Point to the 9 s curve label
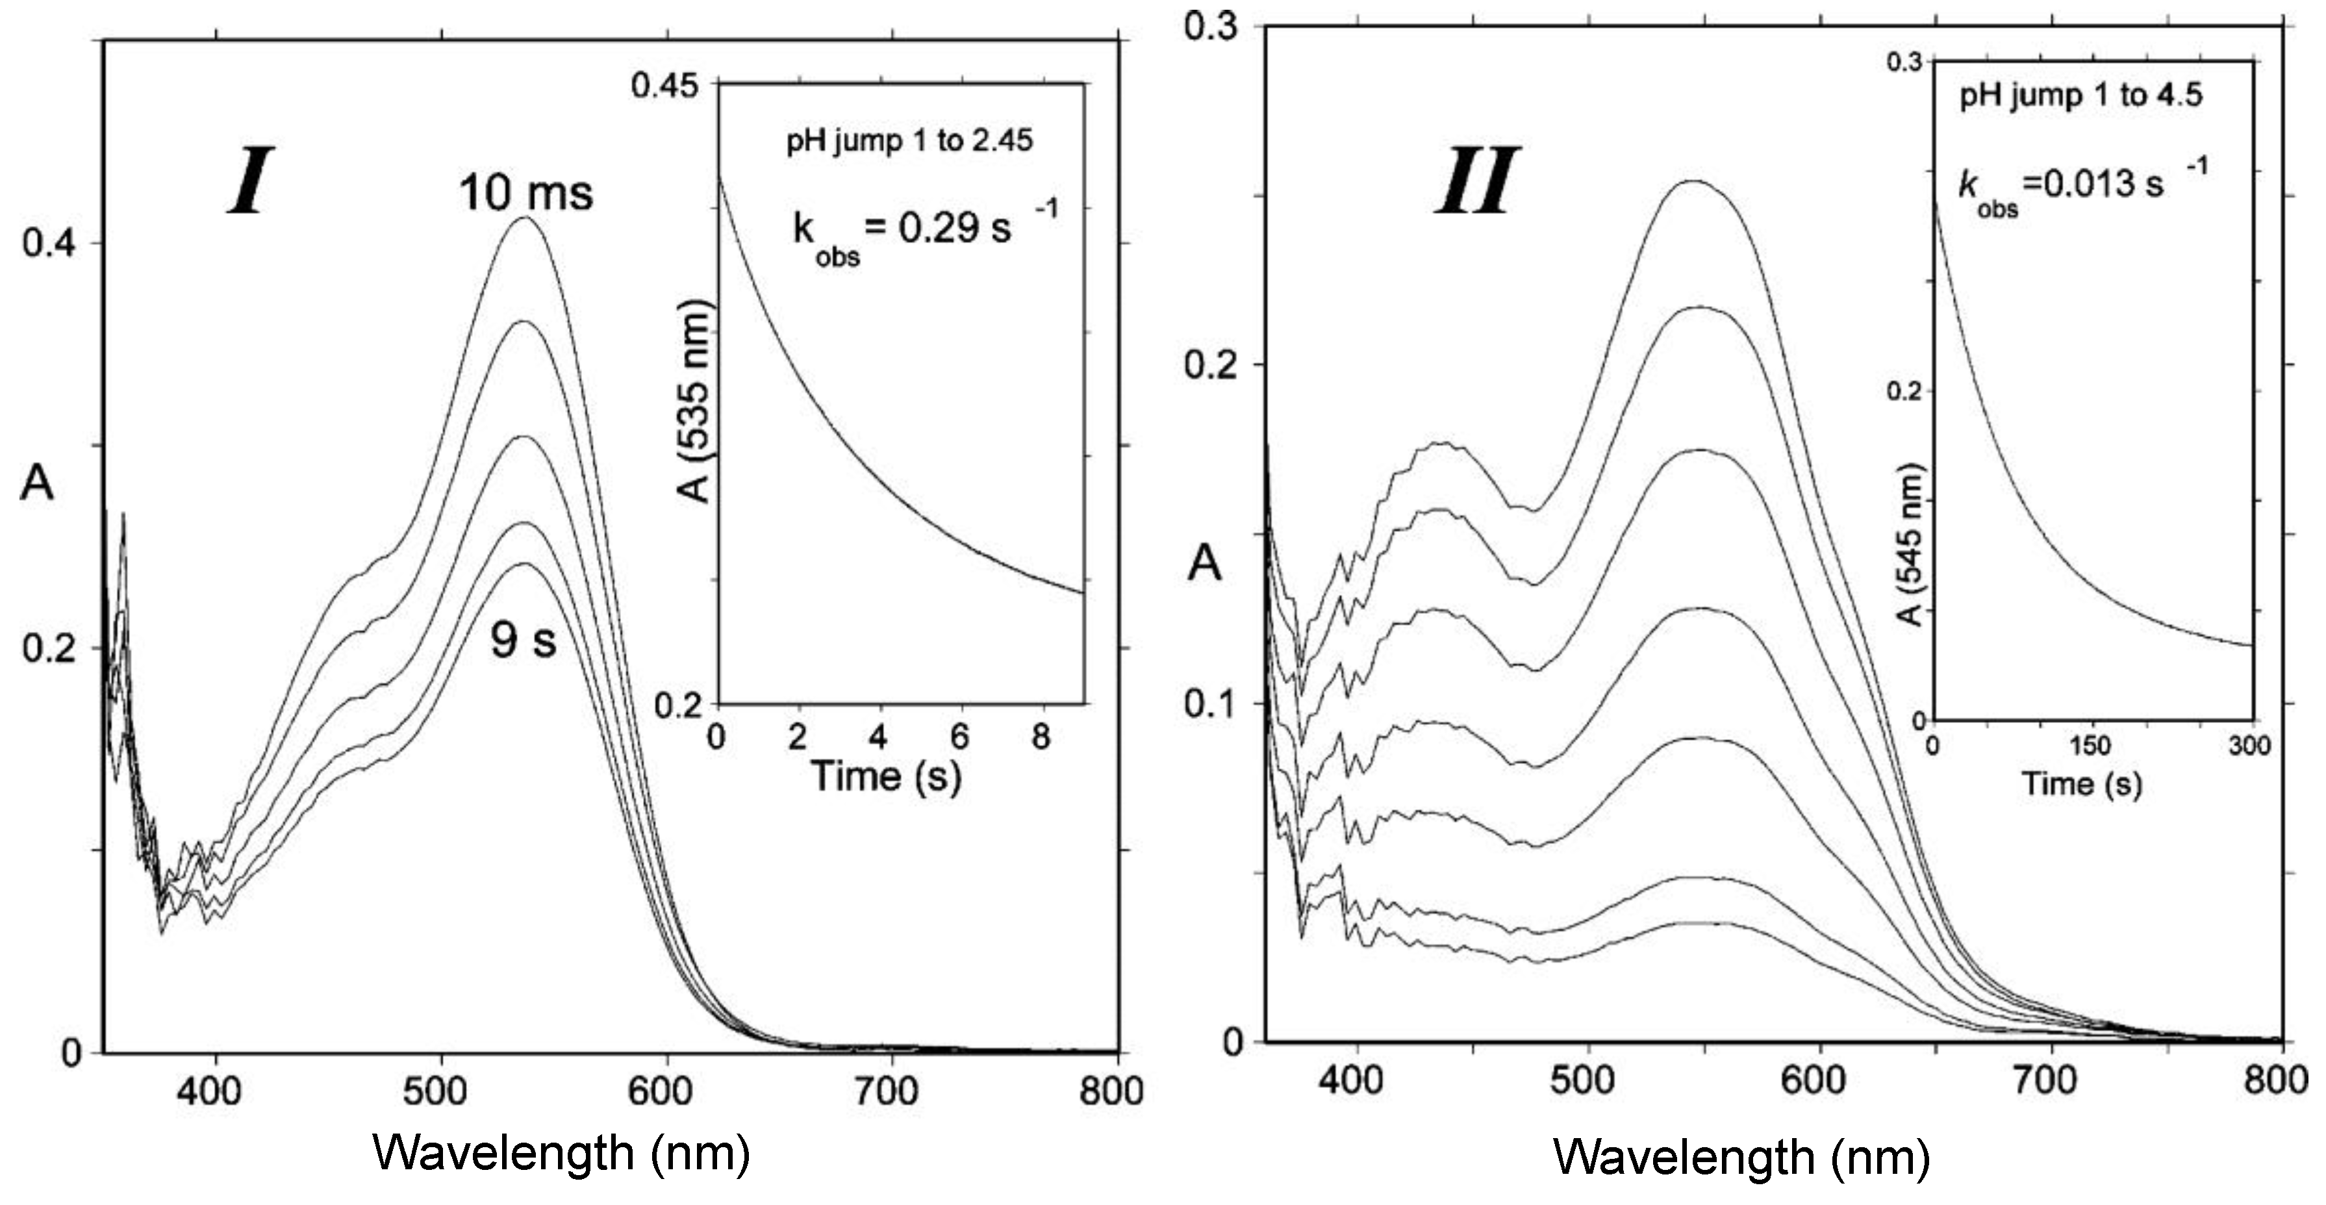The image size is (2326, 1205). click(524, 641)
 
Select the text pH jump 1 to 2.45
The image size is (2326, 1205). click(909, 141)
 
